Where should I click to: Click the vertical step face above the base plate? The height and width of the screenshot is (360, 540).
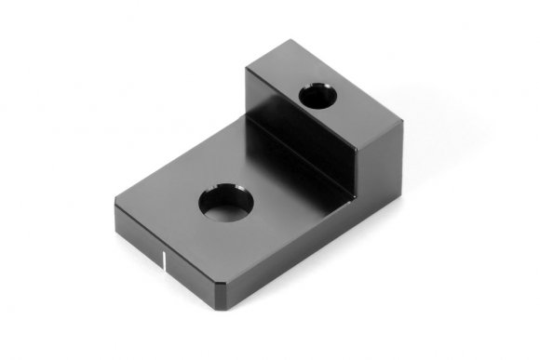300,140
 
